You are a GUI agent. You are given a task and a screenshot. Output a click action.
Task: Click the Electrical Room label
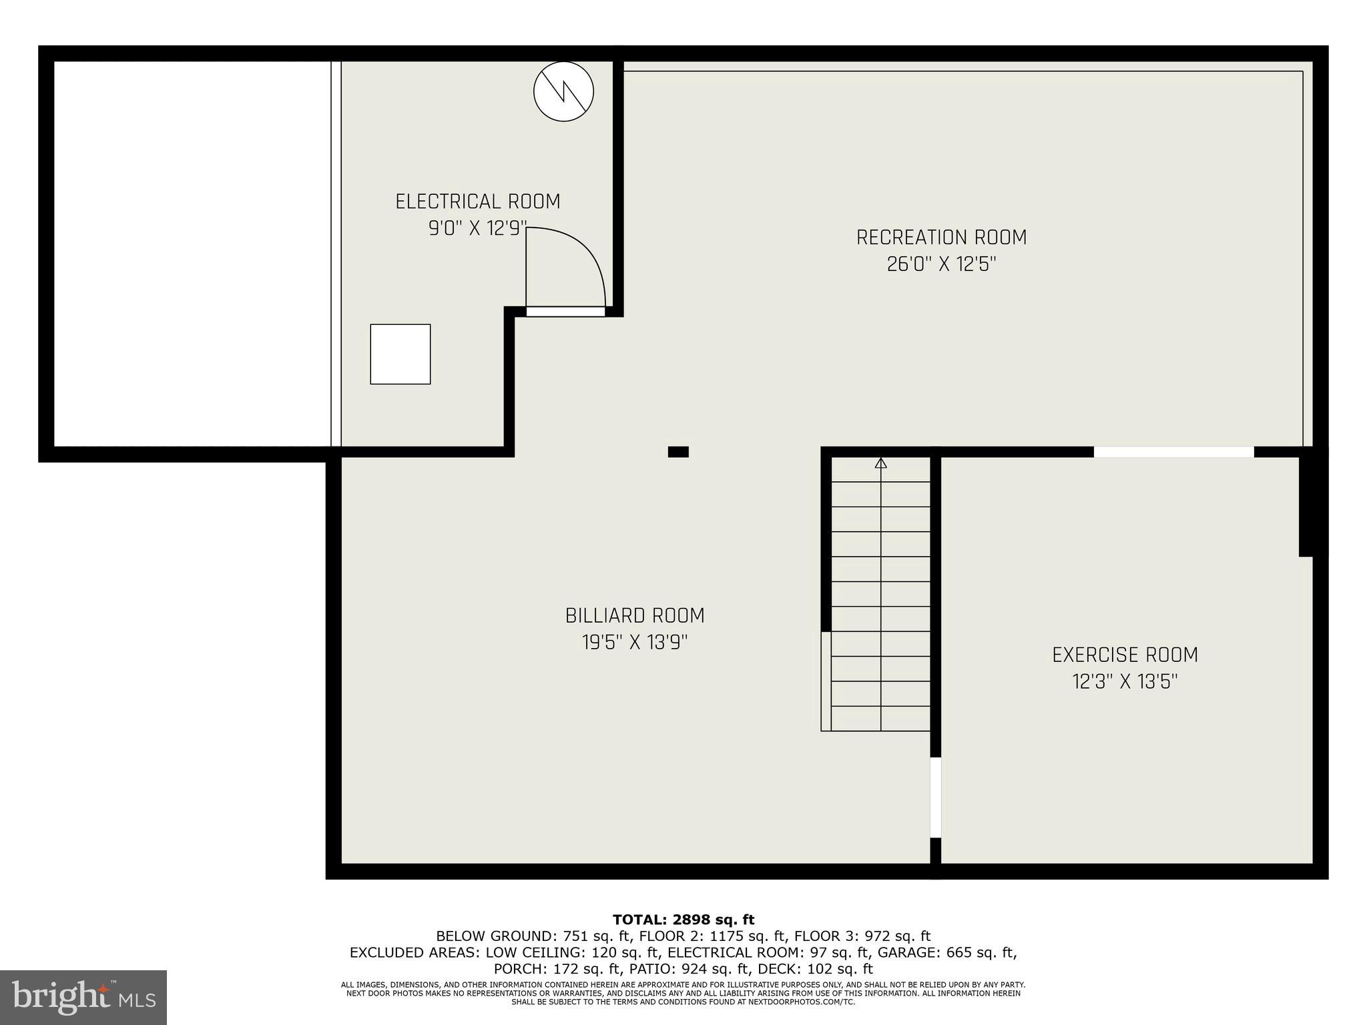coord(477,202)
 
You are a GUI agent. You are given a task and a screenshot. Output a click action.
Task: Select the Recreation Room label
coord(941,238)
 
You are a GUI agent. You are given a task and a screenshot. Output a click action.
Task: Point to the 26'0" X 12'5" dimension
coord(941,264)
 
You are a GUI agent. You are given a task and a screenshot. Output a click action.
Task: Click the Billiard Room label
coord(635,615)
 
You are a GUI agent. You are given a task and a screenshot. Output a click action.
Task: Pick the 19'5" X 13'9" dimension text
coord(635,643)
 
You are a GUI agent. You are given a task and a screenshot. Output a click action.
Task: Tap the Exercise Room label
coord(1125,655)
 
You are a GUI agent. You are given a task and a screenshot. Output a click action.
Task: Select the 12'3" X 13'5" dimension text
coord(1125,682)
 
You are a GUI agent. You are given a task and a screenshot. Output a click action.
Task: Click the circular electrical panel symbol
coord(564,91)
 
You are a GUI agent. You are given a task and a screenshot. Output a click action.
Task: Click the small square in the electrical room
coord(400,354)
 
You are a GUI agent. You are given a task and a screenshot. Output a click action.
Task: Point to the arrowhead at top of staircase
coord(881,462)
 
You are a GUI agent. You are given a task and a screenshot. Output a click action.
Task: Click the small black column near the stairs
coord(678,452)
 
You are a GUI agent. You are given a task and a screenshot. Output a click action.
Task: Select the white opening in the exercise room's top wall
coord(1173,452)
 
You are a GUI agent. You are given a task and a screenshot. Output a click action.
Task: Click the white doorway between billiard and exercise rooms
coord(936,797)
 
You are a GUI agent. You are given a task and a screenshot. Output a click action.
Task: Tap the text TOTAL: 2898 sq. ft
coord(683,920)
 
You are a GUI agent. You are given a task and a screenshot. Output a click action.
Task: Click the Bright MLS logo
coord(83,997)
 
